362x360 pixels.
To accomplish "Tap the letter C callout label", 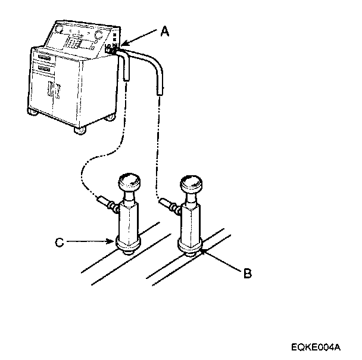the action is coord(58,242).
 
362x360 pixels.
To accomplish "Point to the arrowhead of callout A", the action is coord(123,44).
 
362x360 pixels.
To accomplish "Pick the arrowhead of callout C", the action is coord(113,242).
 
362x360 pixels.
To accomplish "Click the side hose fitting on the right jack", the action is coord(170,207).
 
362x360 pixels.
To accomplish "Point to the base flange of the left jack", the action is coord(129,245).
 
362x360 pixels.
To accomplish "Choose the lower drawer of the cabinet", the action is coord(43,69).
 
